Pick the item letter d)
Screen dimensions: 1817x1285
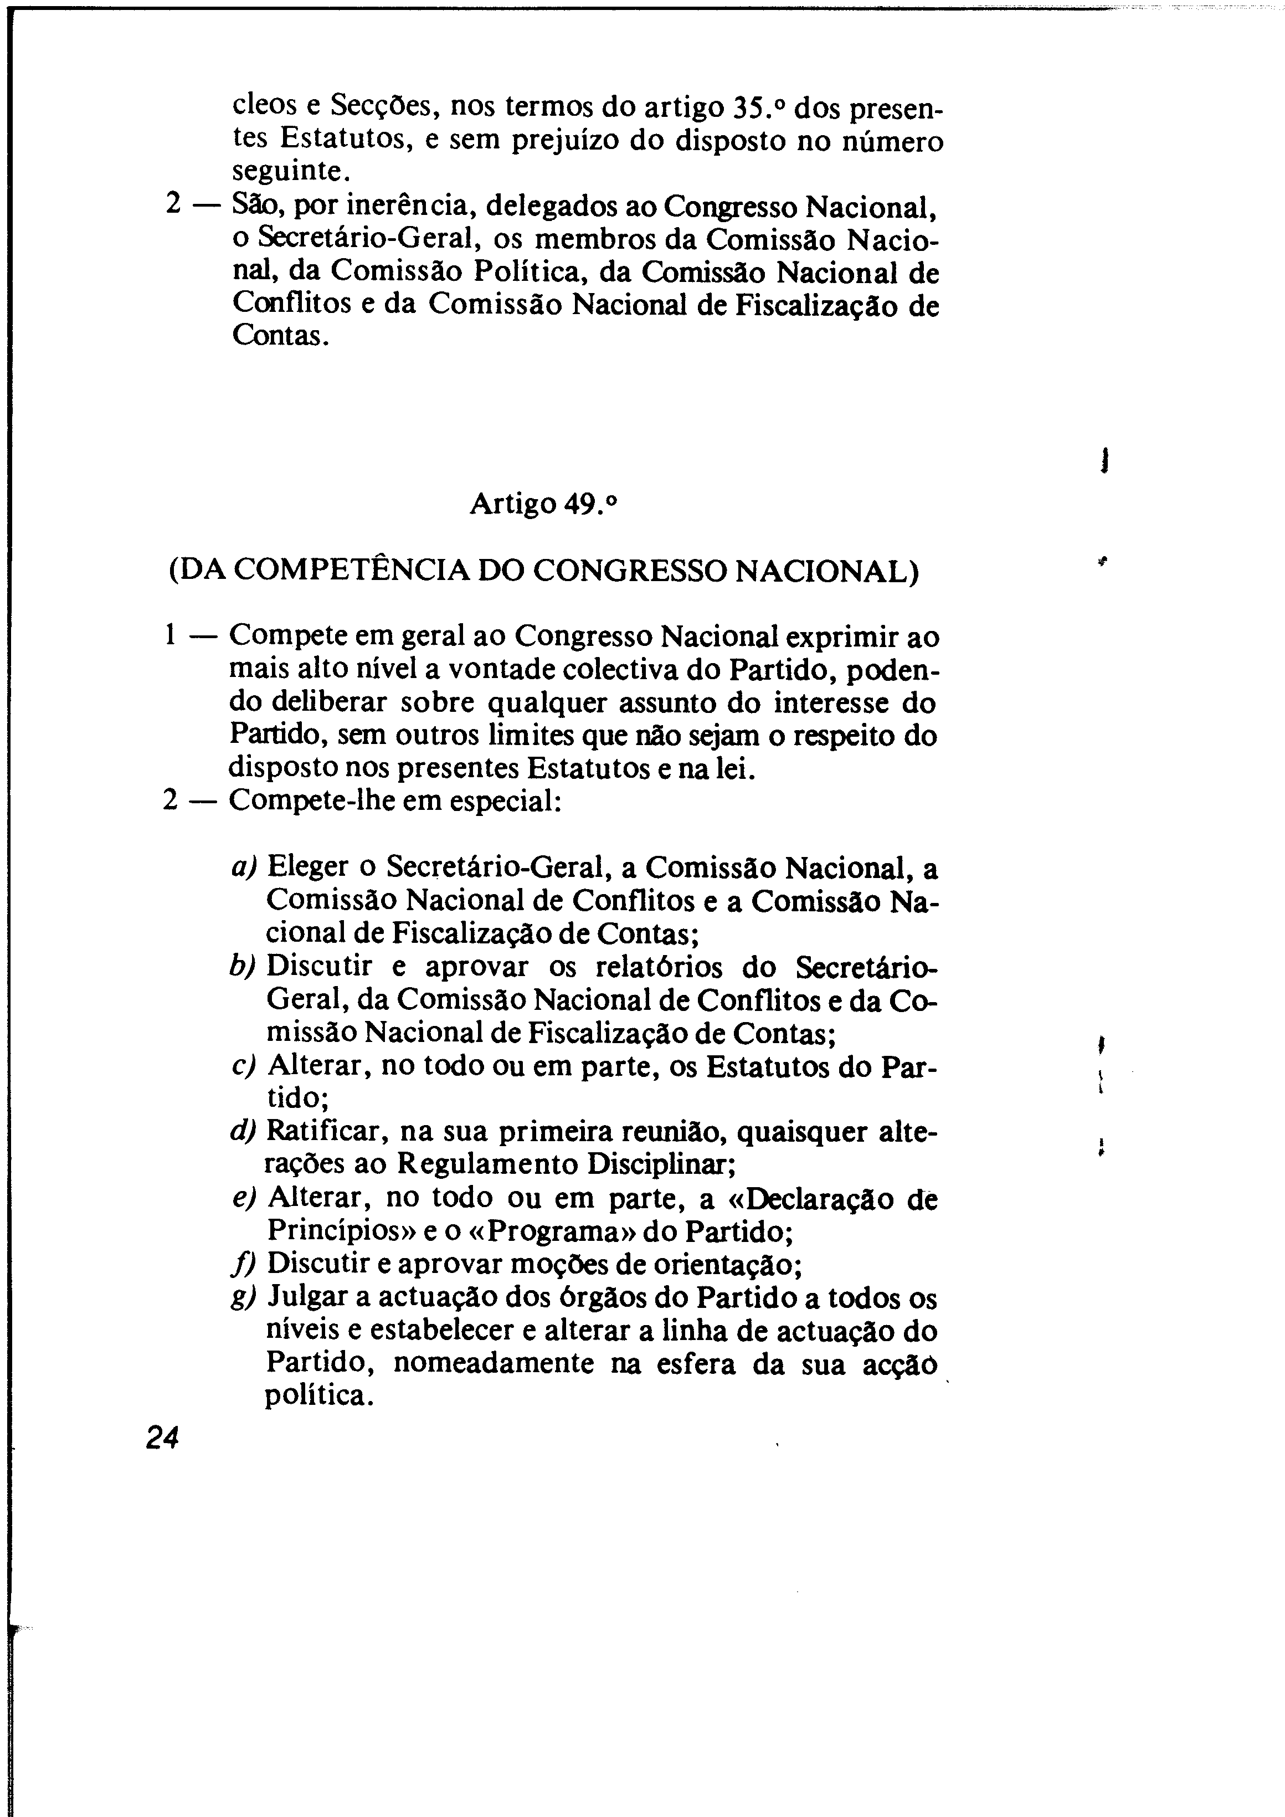tap(244, 1132)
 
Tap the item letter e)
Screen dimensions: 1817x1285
tap(244, 1198)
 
